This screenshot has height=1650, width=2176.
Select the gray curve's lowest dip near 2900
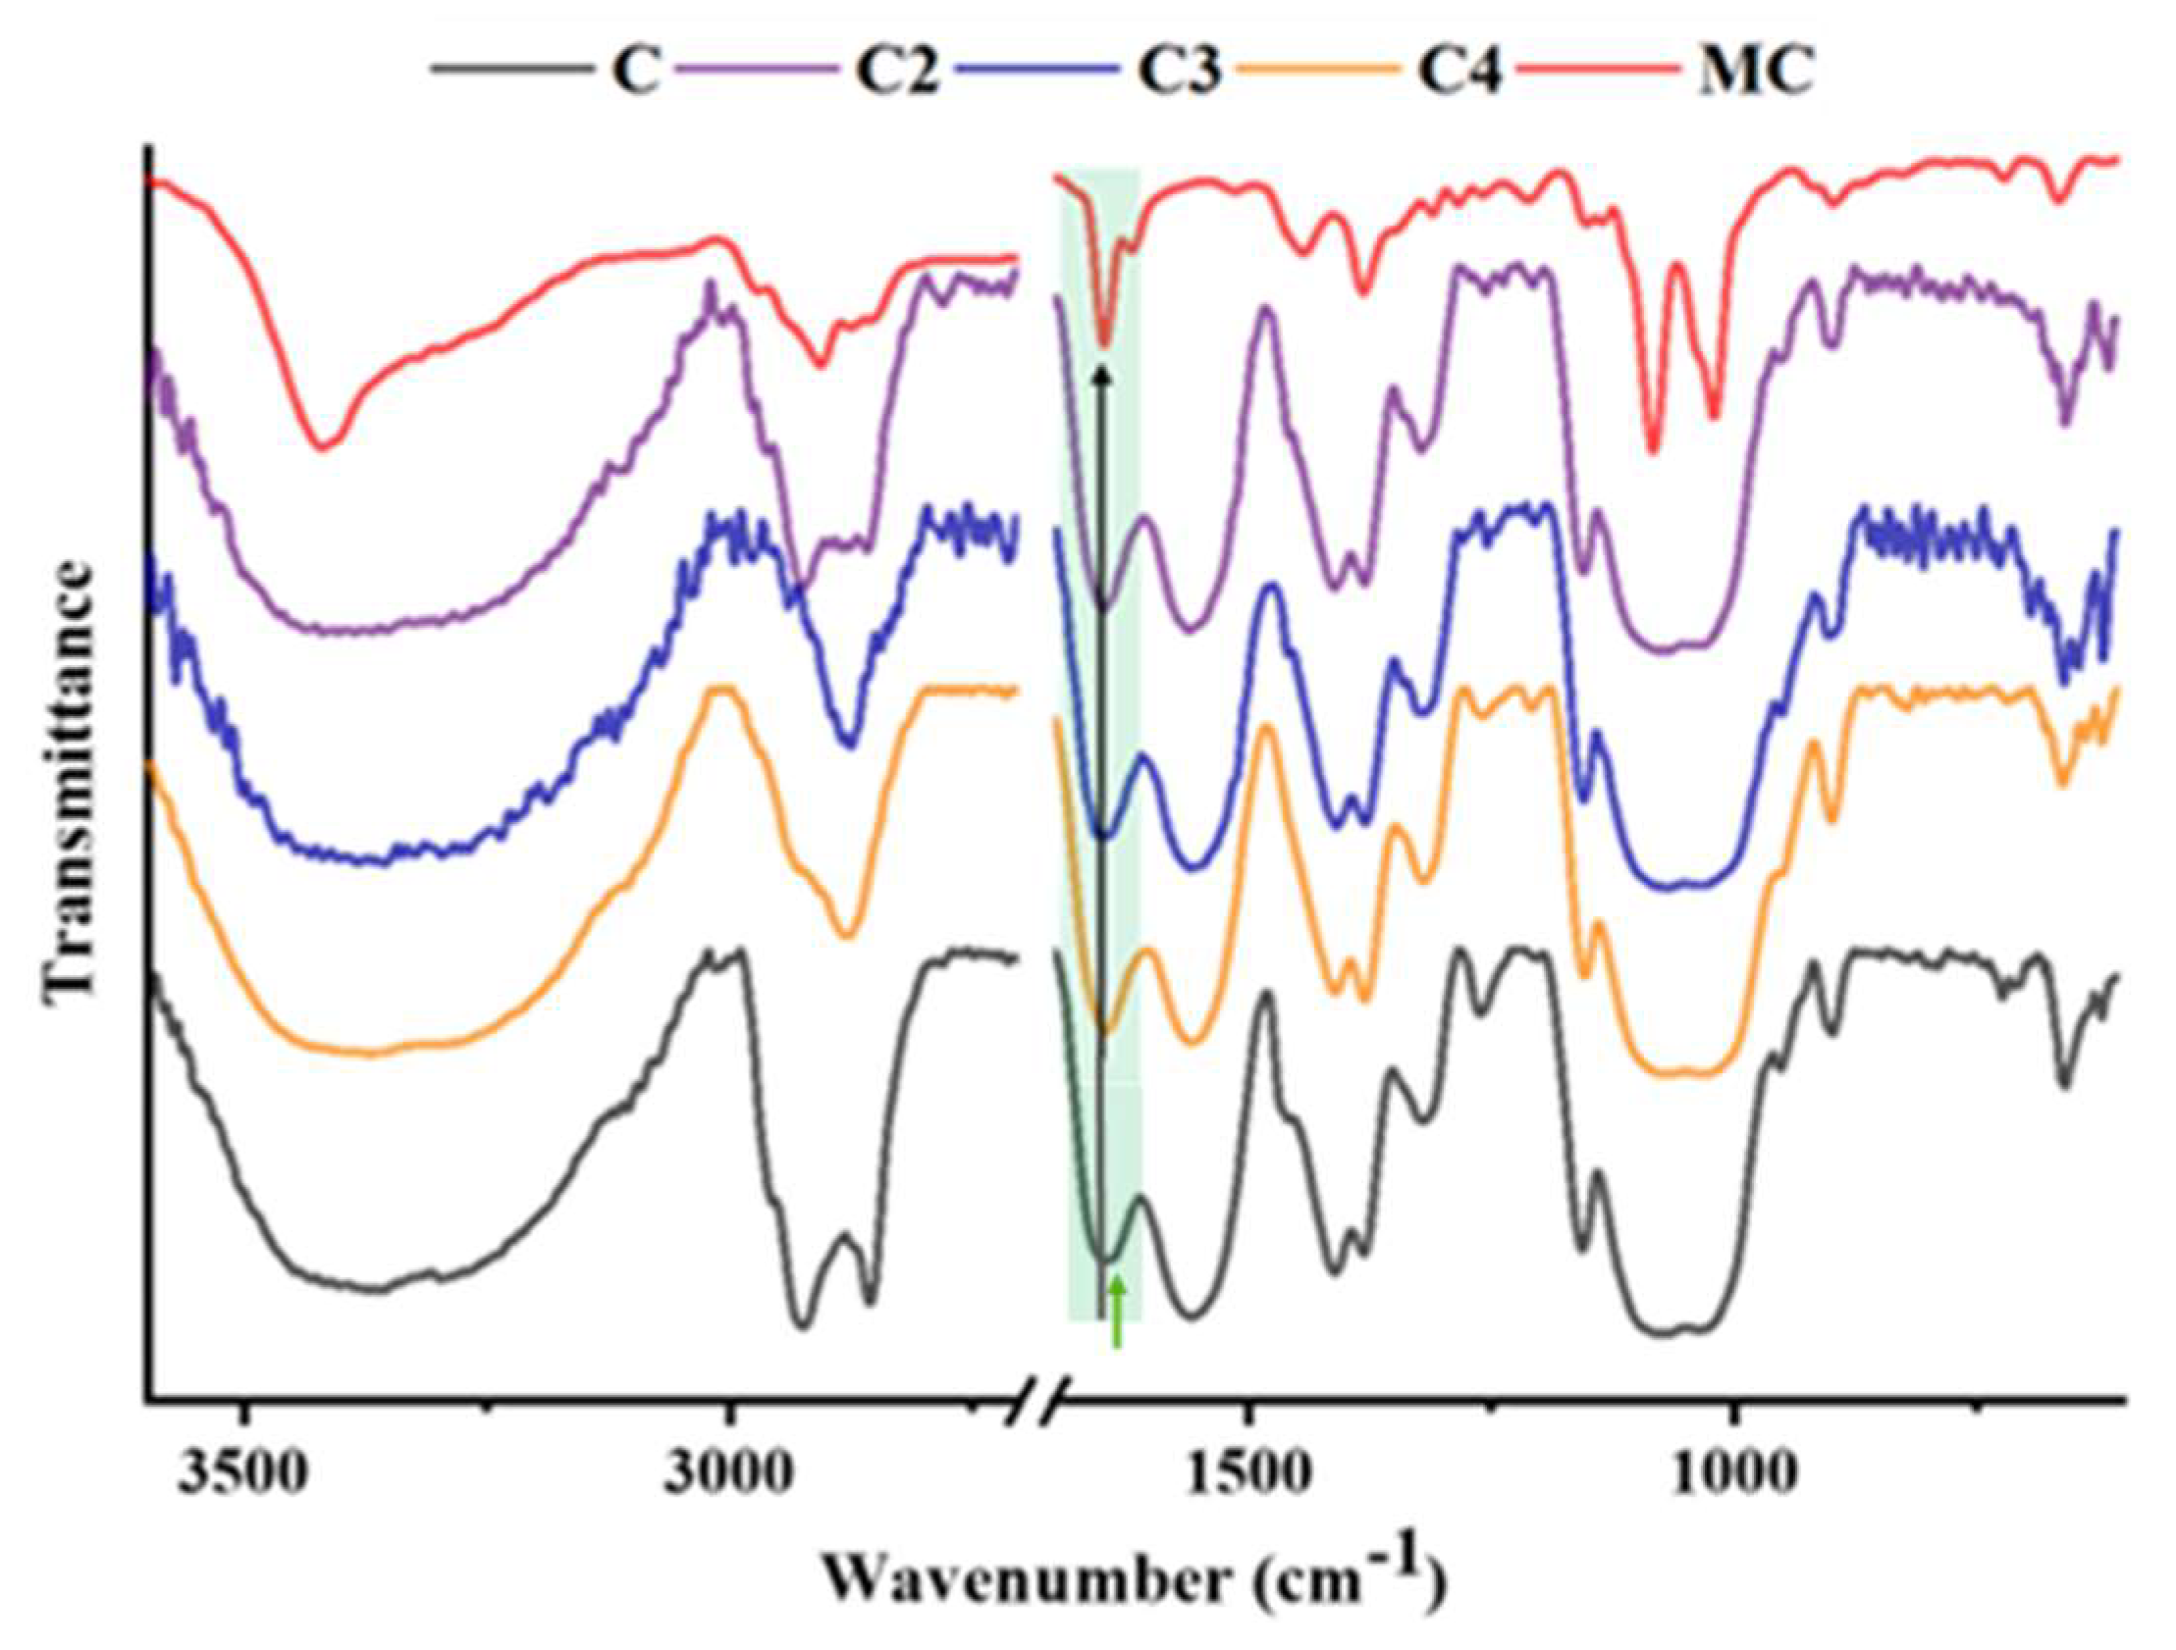tap(803, 1324)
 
